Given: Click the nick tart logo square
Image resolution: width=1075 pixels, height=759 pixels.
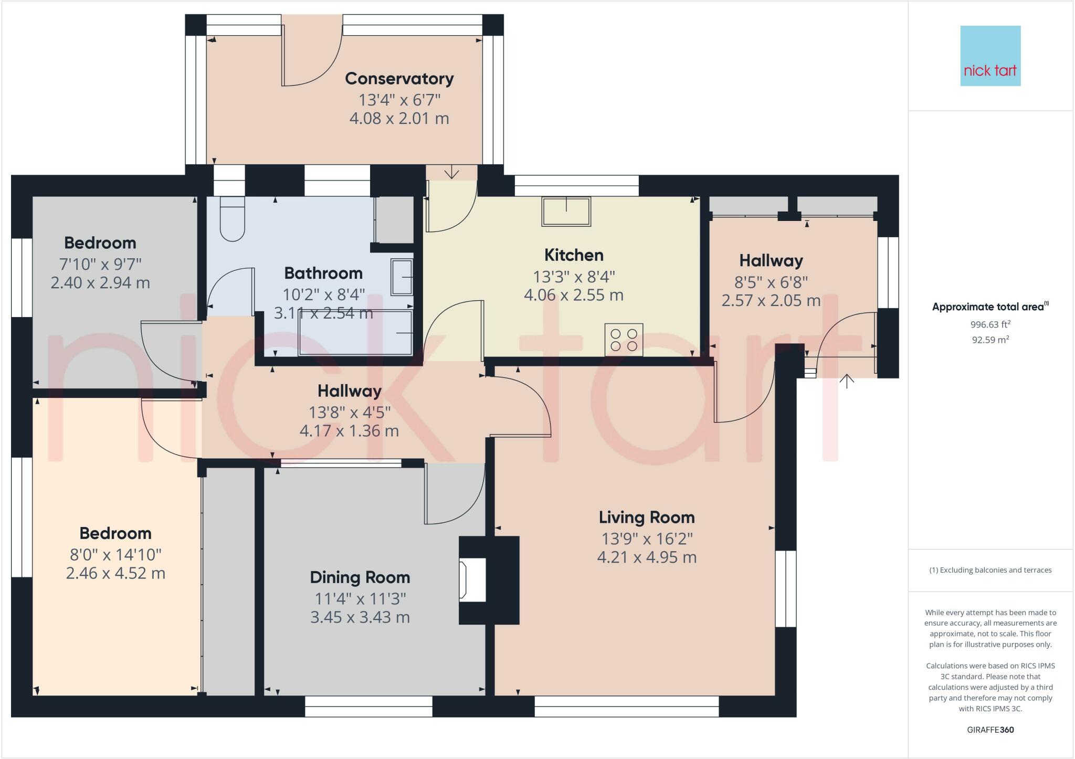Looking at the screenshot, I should click(x=990, y=56).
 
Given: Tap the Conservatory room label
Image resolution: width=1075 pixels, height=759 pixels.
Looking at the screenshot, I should click(x=399, y=79).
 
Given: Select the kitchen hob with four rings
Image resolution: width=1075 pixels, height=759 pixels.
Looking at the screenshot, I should click(x=624, y=339).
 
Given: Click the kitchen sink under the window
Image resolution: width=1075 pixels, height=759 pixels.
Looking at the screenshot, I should click(x=566, y=211).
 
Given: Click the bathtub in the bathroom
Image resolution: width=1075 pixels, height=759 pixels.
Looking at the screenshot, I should click(x=355, y=333).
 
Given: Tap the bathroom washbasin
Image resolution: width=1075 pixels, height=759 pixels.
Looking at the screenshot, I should click(x=402, y=277).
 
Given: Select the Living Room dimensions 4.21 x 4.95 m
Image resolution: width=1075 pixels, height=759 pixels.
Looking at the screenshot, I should click(x=647, y=557).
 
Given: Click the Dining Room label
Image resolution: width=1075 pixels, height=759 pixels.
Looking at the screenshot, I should click(x=360, y=577).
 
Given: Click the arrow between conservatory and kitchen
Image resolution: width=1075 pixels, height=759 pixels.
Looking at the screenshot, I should click(x=451, y=173).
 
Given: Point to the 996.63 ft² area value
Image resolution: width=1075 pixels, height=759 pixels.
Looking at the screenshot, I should click(x=990, y=324).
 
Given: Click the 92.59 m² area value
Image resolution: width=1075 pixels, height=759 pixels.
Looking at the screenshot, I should click(x=990, y=340).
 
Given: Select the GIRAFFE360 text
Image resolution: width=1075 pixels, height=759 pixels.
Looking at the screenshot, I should click(x=990, y=730).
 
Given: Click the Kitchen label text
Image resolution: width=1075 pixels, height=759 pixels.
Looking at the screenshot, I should click(x=573, y=255).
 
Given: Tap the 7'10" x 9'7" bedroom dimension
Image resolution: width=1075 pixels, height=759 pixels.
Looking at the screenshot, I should click(x=100, y=263).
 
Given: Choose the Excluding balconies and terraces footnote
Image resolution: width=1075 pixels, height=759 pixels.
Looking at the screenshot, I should click(x=990, y=570).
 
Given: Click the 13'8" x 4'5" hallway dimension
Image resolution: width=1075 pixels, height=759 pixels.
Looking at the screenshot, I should click(x=349, y=413).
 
